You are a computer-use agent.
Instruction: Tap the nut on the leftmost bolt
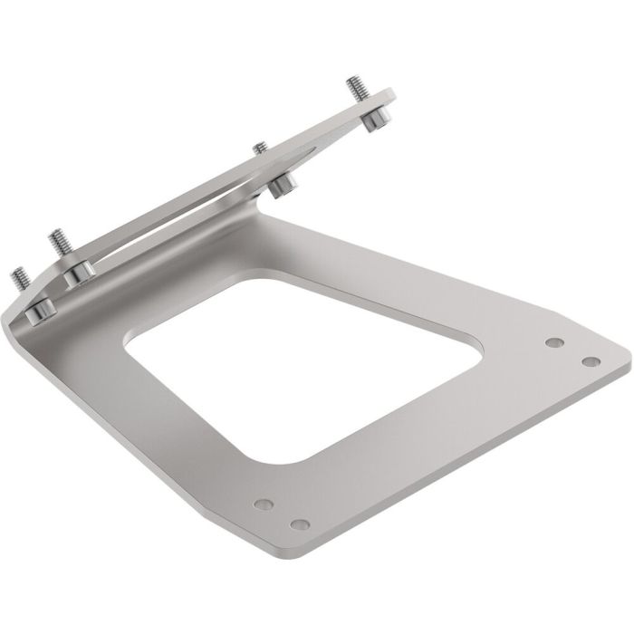(x=39, y=310)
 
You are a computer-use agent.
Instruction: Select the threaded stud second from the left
(x=58, y=242)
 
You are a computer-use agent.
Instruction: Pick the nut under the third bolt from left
(x=283, y=186)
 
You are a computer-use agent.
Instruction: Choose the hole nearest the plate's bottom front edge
(x=296, y=524)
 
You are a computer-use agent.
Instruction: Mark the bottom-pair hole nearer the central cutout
(x=263, y=503)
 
